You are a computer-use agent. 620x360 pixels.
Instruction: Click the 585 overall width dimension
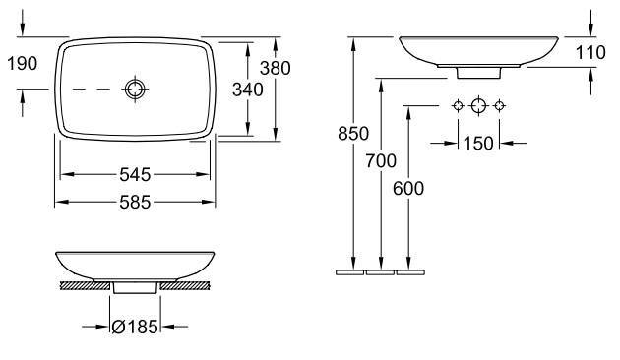tap(135, 202)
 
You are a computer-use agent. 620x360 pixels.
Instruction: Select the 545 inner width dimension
tap(135, 174)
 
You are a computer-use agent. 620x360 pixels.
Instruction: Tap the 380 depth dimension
tap(276, 69)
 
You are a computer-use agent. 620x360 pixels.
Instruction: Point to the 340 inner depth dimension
tap(248, 90)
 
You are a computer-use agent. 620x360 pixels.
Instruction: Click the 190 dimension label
tap(23, 63)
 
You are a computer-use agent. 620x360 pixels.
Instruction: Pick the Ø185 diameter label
tap(135, 327)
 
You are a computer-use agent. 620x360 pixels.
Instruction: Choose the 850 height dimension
tap(353, 134)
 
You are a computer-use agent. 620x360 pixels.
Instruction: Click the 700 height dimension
tap(381, 161)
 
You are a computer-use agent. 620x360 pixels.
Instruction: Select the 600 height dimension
tap(408, 189)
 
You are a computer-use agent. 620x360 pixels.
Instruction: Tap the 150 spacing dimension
tap(478, 143)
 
